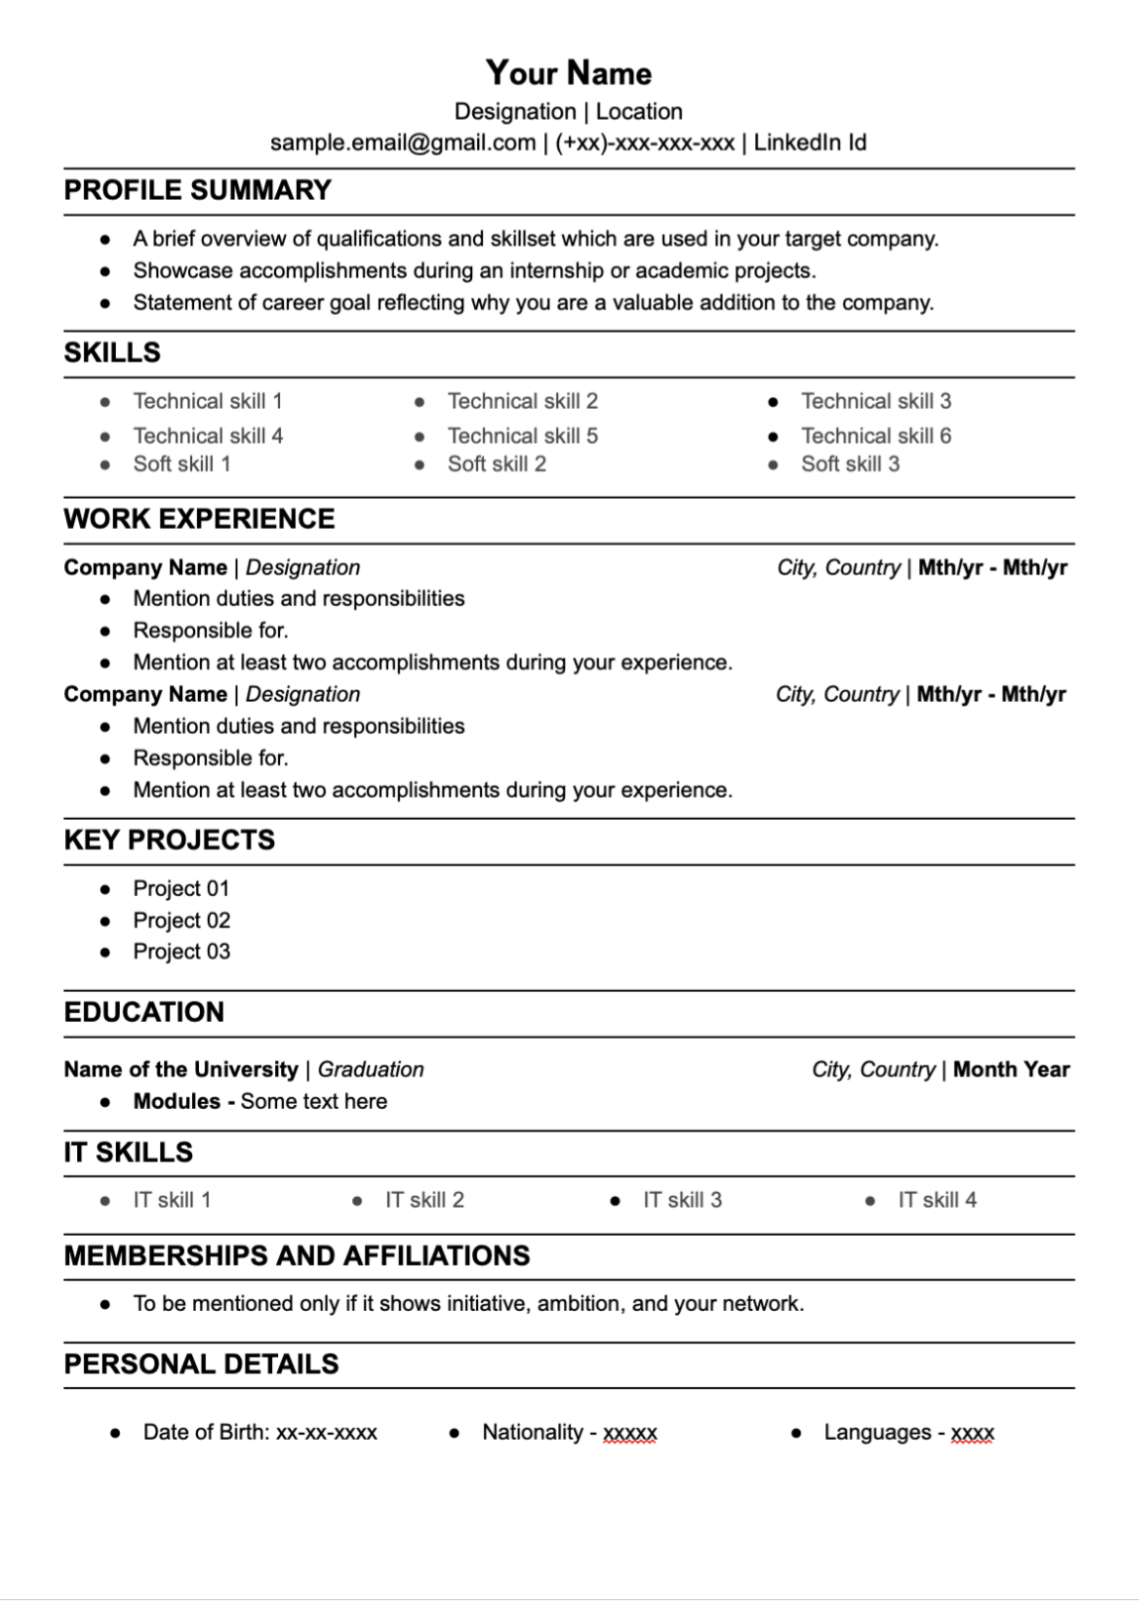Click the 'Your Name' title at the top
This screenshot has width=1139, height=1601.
coord(568,73)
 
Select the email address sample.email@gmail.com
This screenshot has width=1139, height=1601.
coord(403,143)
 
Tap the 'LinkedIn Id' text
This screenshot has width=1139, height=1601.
coord(809,143)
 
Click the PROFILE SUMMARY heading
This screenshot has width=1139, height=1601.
coord(198,190)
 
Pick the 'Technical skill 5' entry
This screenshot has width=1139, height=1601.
coord(522,436)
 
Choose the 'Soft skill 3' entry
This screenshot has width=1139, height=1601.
coord(850,463)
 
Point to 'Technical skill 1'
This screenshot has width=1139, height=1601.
coord(208,401)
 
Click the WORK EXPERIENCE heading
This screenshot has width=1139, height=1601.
coord(200,519)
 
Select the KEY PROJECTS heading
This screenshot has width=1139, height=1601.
coord(169,840)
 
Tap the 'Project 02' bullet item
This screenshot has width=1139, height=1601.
coord(181,920)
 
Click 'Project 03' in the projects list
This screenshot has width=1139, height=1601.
coord(181,951)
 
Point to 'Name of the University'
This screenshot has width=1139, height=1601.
coord(181,1069)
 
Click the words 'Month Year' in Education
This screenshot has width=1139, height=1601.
coord(1010,1069)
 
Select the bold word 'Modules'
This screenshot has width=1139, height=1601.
coord(177,1101)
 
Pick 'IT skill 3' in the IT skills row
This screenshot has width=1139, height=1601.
coord(682,1200)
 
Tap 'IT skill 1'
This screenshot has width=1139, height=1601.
coord(172,1200)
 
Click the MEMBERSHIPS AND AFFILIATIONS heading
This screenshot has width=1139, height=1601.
coord(297,1255)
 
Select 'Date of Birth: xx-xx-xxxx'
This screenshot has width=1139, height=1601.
coord(259,1432)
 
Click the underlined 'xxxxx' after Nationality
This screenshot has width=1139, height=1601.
coord(630,1433)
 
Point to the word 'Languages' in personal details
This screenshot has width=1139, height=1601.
coord(878,1432)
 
